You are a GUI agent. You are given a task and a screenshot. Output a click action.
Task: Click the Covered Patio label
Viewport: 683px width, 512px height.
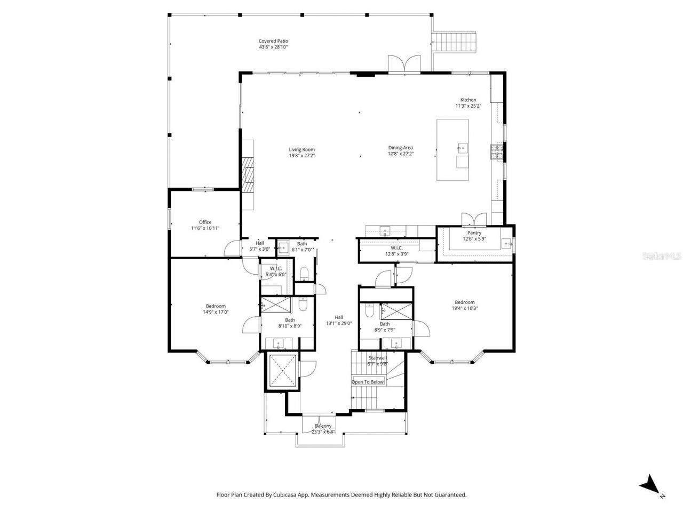[x=273, y=41]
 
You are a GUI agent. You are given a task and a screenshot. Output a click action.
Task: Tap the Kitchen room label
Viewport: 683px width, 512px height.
[x=468, y=100]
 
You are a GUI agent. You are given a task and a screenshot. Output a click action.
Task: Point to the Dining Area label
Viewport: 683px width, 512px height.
[x=400, y=148]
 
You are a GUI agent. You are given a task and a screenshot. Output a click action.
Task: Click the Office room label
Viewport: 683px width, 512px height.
[x=205, y=222]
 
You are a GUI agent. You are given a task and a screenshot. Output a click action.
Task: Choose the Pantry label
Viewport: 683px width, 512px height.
[x=474, y=233]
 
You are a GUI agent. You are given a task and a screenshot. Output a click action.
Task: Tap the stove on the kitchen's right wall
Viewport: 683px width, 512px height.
[x=497, y=153]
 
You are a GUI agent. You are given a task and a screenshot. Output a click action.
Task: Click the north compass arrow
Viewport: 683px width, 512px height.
[x=650, y=484]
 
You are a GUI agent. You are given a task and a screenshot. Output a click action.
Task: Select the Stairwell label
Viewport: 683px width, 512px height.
[x=377, y=358]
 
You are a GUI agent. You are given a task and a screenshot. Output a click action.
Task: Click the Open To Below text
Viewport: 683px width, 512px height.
[x=368, y=382]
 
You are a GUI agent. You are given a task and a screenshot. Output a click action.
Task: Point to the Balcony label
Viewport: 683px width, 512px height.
[x=322, y=426]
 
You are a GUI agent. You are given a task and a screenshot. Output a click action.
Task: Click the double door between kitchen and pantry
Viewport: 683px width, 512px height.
[x=474, y=219]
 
